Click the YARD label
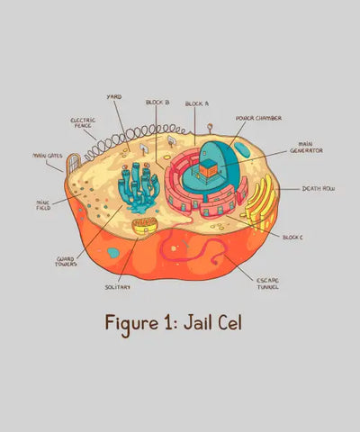[x=114, y=97]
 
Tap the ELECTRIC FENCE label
[x=83, y=122]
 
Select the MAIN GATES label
[x=48, y=156]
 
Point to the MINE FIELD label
[x=43, y=205]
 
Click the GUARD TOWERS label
[x=66, y=262]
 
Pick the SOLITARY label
[x=118, y=287]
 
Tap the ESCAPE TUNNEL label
[x=267, y=283]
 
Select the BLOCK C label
[x=292, y=238]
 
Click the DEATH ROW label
[x=319, y=189]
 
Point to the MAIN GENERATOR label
[x=306, y=148]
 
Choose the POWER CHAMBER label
[x=258, y=118]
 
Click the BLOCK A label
[x=197, y=103]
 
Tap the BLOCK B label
[x=157, y=103]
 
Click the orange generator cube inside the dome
[x=208, y=168]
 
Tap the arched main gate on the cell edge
[x=74, y=163]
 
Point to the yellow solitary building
[x=145, y=226]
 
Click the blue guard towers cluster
[x=139, y=187]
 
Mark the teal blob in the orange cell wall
[x=113, y=253]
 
